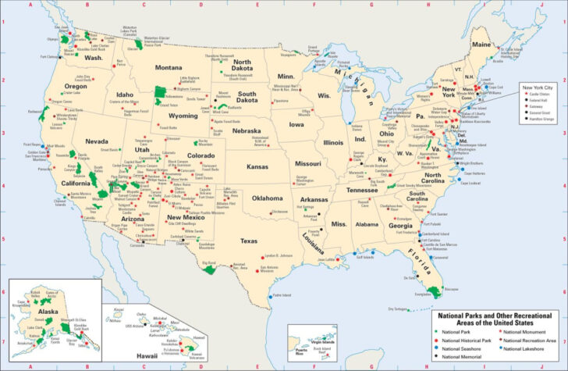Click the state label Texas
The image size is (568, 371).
(x=249, y=241)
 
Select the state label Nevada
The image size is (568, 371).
(x=97, y=141)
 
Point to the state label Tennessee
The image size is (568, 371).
(x=362, y=190)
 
